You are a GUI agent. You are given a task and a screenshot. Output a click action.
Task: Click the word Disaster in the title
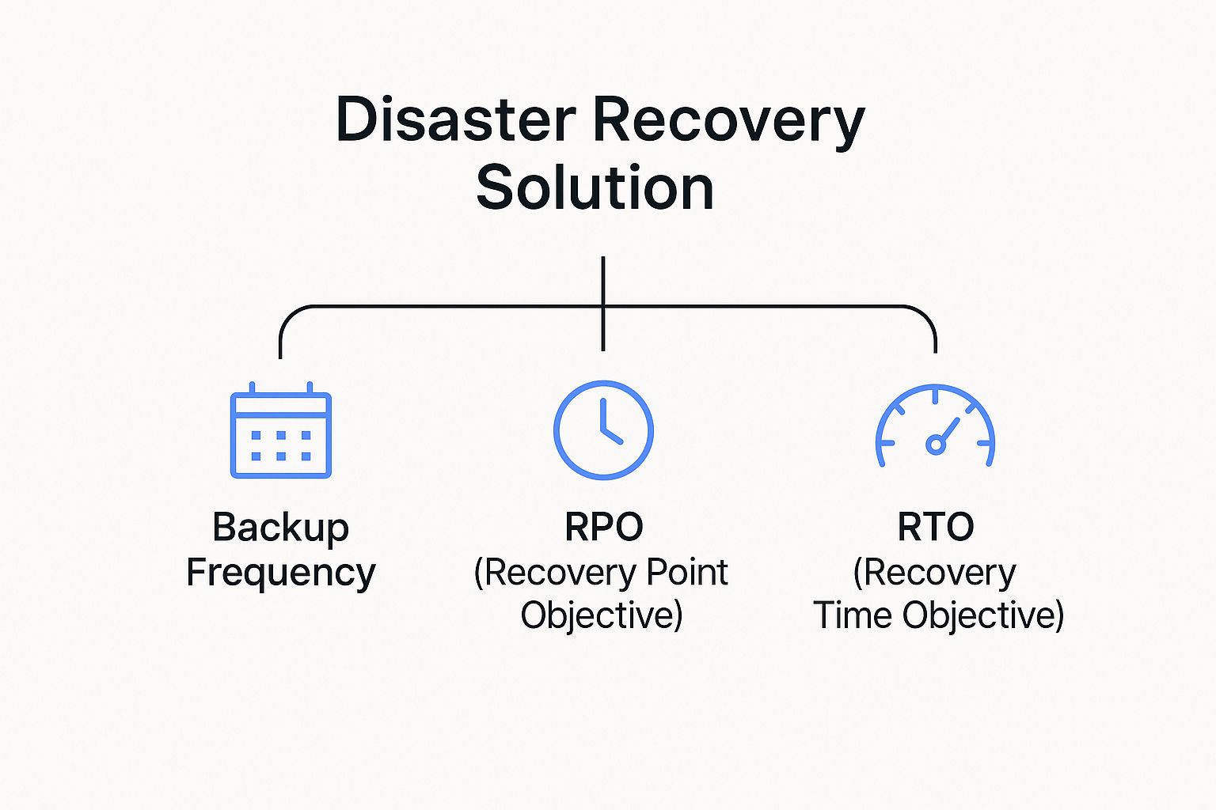tap(455, 119)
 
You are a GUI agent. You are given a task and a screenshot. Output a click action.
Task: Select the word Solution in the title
tap(595, 187)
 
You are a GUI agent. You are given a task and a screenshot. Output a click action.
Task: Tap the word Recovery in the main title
tap(728, 119)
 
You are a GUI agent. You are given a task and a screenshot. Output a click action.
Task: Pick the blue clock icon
tap(603, 430)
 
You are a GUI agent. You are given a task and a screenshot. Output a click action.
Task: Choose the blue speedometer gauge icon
tap(935, 427)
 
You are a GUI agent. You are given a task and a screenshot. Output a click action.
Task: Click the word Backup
tap(280, 528)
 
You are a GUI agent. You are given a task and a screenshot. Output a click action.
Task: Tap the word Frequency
tap(280, 573)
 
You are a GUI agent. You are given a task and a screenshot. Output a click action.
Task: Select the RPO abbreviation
tap(603, 527)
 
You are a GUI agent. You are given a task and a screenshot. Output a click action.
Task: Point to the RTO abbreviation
tap(935, 527)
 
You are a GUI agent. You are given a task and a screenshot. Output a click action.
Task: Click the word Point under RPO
tap(687, 572)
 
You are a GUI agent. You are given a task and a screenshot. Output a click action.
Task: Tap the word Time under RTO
tap(853, 615)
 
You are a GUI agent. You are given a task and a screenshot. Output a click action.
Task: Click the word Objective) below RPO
tap(602, 615)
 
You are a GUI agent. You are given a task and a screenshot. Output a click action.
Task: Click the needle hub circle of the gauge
tap(935, 445)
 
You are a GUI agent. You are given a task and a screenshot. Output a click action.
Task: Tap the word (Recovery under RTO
tap(934, 572)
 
